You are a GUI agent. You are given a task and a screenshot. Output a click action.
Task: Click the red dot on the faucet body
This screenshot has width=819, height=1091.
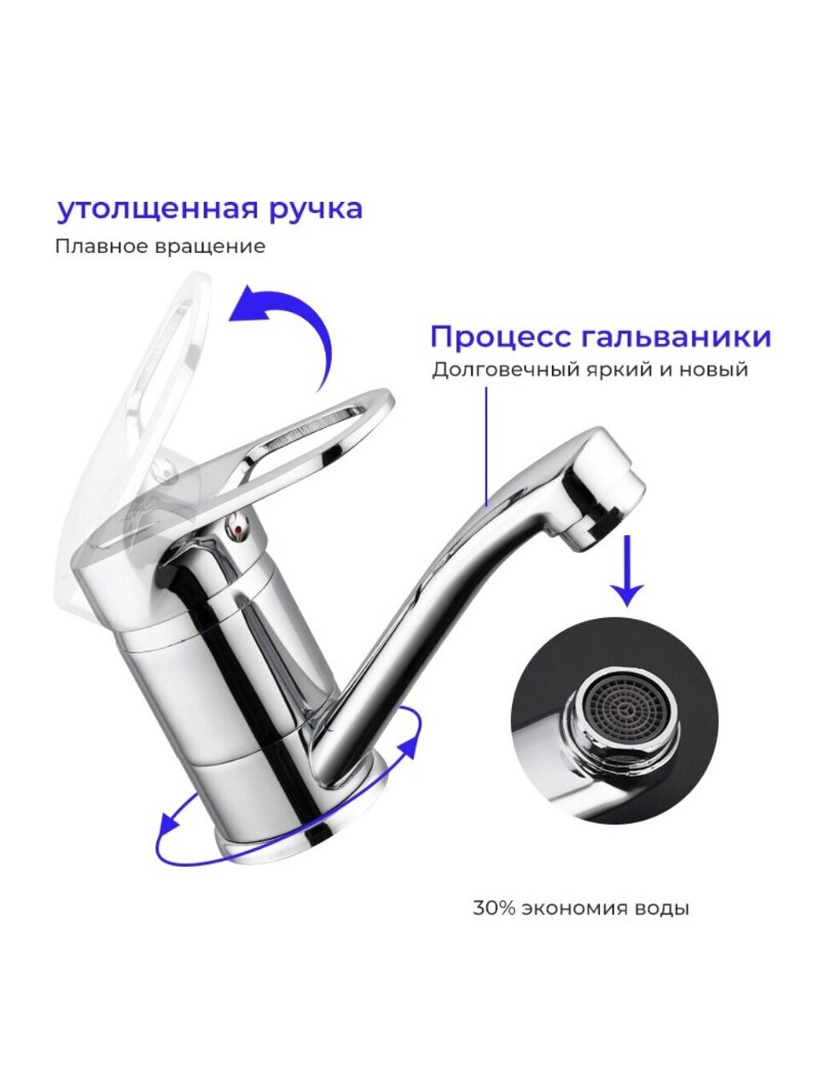[239, 530]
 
